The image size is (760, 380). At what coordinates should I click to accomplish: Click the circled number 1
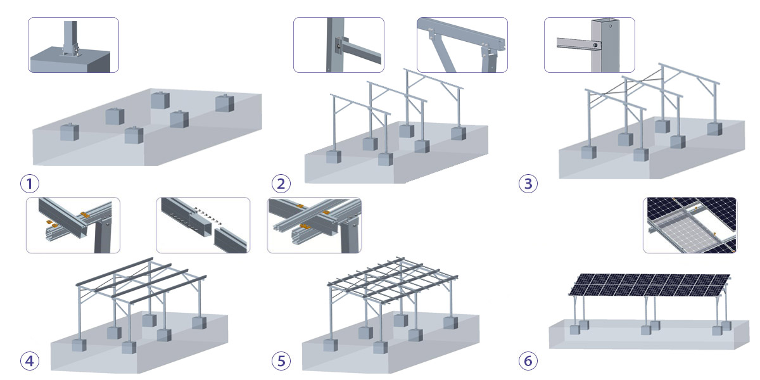click(29, 184)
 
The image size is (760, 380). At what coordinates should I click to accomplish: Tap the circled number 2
click(281, 184)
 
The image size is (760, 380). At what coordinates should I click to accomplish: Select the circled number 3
click(528, 184)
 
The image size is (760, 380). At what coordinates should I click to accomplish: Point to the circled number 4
click(29, 361)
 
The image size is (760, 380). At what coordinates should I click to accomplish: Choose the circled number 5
click(281, 361)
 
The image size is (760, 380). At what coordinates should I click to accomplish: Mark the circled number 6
click(528, 361)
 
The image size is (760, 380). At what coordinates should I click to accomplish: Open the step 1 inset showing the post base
click(73, 45)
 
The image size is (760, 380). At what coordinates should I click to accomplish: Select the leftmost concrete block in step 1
click(68, 132)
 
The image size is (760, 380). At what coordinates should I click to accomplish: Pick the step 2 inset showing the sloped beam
click(462, 45)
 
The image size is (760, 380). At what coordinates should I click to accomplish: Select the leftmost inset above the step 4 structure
click(73, 225)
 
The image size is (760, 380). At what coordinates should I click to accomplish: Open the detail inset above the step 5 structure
click(314, 225)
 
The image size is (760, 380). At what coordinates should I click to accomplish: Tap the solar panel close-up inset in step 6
click(690, 225)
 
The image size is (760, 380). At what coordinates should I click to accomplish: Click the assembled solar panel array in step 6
click(649, 284)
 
